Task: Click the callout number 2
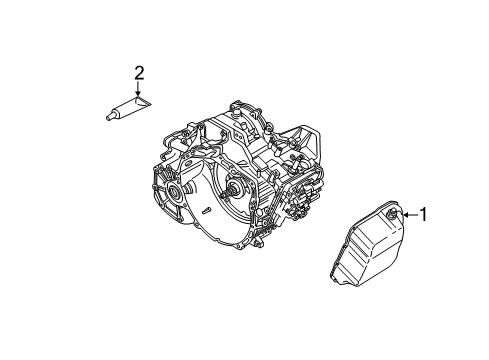pyautogui.click(x=139, y=71)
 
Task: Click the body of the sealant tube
pyautogui.click(x=125, y=109)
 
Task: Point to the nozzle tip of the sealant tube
pyautogui.click(x=106, y=116)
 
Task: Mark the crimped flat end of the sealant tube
pyautogui.click(x=144, y=100)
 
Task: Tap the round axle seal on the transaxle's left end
pyautogui.click(x=179, y=190)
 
